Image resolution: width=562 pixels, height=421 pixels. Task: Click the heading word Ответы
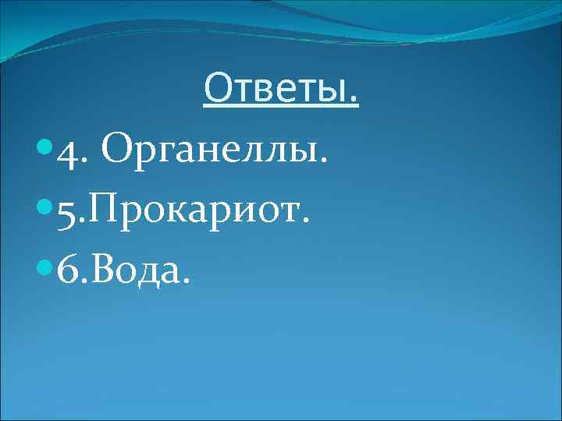pyautogui.click(x=279, y=90)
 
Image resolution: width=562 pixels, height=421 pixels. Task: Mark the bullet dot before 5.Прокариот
pyautogui.click(x=43, y=209)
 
